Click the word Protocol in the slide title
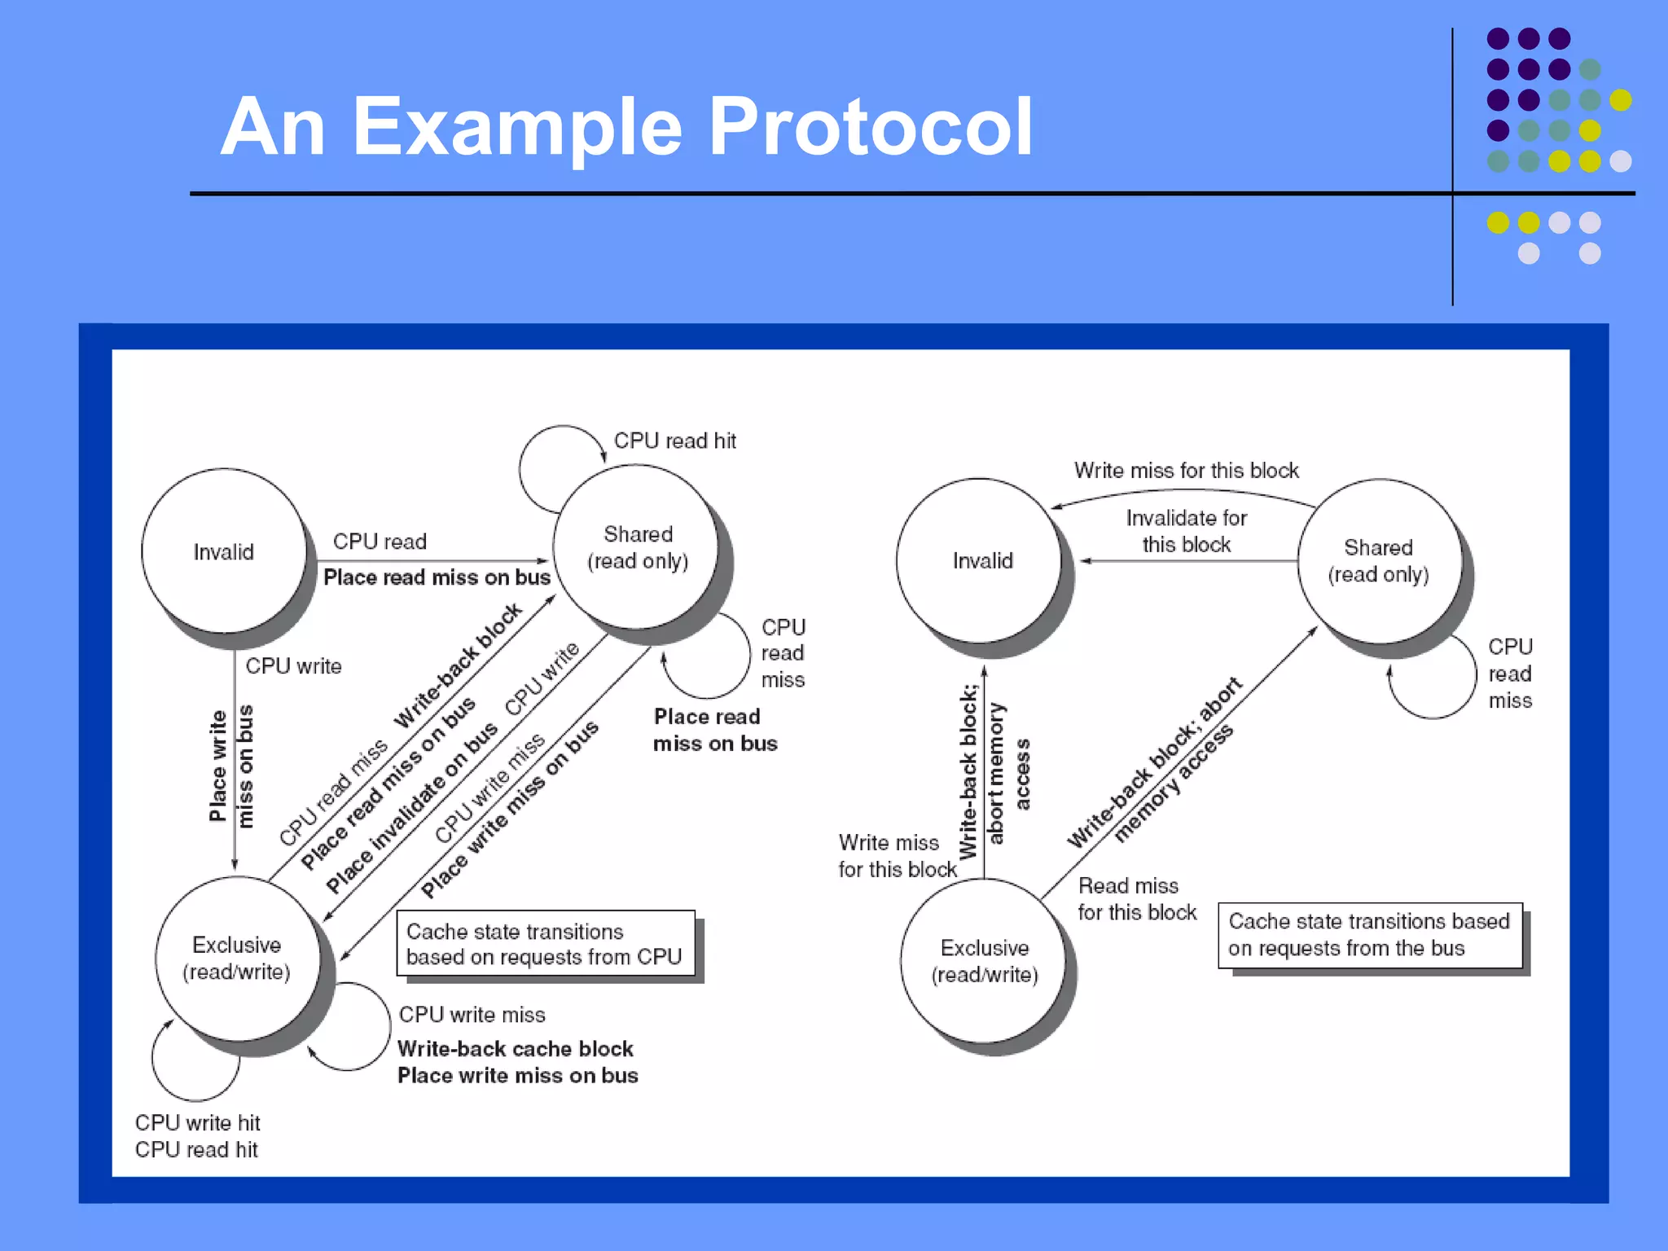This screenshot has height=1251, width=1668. tap(870, 127)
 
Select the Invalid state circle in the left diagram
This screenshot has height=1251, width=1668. tap(224, 551)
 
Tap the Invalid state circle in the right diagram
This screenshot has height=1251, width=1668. tap(981, 560)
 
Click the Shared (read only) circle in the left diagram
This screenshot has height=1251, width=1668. tap(637, 547)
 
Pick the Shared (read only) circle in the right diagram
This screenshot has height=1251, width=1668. tap(1378, 560)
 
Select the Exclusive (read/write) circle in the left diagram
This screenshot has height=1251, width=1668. tap(236, 958)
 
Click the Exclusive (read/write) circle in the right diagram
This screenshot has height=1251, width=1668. tap(984, 961)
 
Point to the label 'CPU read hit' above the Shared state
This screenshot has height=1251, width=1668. tap(674, 441)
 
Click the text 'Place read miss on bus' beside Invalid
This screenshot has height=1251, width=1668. tap(437, 577)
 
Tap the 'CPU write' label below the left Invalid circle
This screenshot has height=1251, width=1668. tap(293, 666)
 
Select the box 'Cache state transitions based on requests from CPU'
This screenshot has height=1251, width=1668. tap(545, 944)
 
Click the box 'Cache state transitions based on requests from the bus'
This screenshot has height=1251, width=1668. tap(1369, 935)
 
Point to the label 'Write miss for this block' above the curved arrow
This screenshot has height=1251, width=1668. tap(1186, 471)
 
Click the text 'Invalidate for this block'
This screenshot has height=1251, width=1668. tap(1186, 531)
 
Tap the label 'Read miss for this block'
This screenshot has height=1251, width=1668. tap(1137, 899)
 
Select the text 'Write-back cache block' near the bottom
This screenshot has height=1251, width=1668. tap(515, 1049)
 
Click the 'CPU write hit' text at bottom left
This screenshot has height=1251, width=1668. tap(197, 1123)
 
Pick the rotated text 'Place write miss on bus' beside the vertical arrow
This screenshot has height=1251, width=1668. tap(230, 766)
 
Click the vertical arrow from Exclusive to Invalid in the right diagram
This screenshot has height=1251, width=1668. tap(984, 774)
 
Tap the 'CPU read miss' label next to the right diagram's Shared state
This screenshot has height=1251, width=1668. tap(1510, 674)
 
